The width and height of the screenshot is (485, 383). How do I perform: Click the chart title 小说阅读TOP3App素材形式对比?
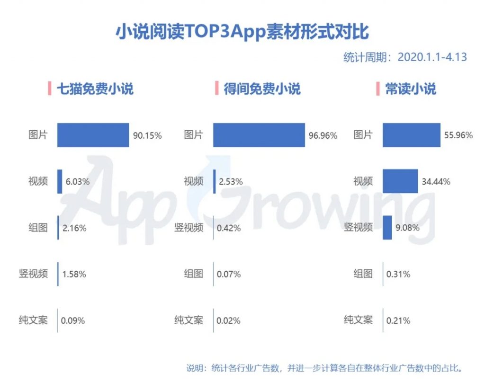coord(242,33)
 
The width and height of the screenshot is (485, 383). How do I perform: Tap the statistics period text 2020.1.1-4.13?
coord(405,57)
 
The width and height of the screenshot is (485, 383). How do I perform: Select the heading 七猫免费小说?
coord(95,89)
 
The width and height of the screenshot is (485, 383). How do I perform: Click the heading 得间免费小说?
coord(262,89)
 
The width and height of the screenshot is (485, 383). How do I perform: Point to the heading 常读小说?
coord(410,89)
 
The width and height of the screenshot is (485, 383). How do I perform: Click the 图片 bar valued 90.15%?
coord(93,135)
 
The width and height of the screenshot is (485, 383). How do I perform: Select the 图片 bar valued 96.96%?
coord(259,135)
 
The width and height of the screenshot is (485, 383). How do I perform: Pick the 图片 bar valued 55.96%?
coord(411,135)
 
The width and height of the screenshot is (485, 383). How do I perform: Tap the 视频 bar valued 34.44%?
coord(400,181)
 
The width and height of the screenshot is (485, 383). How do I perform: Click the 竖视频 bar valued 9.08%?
coord(387,227)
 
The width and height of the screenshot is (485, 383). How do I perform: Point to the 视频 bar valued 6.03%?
coord(60,181)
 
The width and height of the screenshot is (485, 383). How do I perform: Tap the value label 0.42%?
coord(228,228)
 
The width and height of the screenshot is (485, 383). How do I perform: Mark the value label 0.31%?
coord(398,274)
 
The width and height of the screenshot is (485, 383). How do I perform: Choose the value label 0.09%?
coord(72,321)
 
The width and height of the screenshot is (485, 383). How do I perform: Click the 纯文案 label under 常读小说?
coord(358,320)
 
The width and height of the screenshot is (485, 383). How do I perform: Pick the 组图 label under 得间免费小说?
coord(193,274)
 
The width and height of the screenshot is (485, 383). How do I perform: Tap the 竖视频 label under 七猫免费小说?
coord(33,274)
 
